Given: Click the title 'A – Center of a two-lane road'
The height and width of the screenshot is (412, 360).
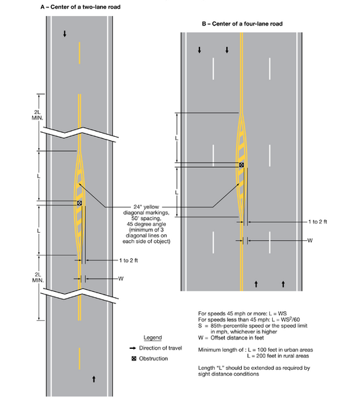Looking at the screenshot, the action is (80, 7).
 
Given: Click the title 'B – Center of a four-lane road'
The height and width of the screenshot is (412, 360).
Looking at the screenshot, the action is (242, 24).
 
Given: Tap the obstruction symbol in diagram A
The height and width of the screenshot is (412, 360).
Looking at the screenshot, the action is (79, 203).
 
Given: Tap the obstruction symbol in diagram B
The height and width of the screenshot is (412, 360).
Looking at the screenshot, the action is (241, 165).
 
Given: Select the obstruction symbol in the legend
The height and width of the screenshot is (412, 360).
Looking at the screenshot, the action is (134, 359).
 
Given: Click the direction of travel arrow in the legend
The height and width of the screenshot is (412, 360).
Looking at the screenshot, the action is (133, 348).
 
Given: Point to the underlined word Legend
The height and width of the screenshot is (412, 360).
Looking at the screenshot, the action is (152, 338).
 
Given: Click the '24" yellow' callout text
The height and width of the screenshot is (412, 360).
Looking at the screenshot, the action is (146, 207).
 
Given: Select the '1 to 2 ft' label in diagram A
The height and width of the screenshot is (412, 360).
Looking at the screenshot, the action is (128, 260).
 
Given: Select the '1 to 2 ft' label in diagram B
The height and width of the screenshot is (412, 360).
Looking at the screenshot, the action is (318, 221).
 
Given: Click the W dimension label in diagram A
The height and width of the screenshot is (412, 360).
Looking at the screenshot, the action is (121, 278).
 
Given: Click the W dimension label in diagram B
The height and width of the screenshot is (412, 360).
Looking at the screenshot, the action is (310, 240).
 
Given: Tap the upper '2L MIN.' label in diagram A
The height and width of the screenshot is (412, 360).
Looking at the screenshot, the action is (38, 115).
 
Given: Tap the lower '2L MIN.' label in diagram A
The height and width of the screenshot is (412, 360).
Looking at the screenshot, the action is (38, 278).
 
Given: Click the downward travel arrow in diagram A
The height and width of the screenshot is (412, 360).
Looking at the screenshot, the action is (64, 34).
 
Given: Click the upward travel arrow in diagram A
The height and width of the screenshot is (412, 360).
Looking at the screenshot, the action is (94, 379).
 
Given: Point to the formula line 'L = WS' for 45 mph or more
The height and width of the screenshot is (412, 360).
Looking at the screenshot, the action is (242, 313).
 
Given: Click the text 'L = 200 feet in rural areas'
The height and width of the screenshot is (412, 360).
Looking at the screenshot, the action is (278, 356).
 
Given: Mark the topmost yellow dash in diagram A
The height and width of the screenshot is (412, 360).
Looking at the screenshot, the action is (79, 53).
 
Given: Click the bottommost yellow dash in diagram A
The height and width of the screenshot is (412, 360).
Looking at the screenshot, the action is (79, 359).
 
